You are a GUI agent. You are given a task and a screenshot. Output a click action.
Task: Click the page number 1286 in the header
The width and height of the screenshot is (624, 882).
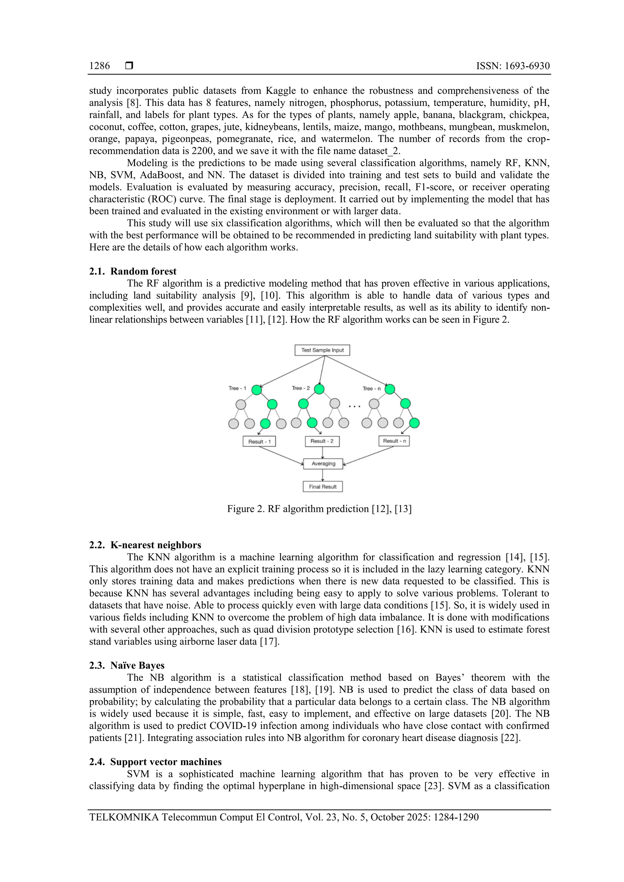point(99,66)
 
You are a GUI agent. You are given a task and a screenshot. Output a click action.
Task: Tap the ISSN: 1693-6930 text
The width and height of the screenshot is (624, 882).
point(512,66)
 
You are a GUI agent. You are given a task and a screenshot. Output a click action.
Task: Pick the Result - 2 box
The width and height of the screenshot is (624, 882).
point(322,441)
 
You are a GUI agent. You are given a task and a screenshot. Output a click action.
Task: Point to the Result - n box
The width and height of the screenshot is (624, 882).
point(394,441)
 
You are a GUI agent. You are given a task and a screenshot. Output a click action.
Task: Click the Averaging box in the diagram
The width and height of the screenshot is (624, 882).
point(323,464)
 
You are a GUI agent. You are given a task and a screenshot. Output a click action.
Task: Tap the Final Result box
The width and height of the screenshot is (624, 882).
point(323,487)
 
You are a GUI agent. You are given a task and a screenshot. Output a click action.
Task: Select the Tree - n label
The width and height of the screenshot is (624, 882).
point(371,388)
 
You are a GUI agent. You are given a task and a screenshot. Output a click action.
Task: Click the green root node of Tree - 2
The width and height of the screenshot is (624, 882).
point(319,389)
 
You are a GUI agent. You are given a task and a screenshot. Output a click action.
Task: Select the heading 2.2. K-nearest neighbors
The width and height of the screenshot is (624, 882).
point(145,545)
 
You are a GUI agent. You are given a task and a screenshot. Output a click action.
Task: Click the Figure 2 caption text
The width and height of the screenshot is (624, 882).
point(319,509)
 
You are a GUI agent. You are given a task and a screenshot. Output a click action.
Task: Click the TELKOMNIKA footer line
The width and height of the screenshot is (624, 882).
point(284,817)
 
